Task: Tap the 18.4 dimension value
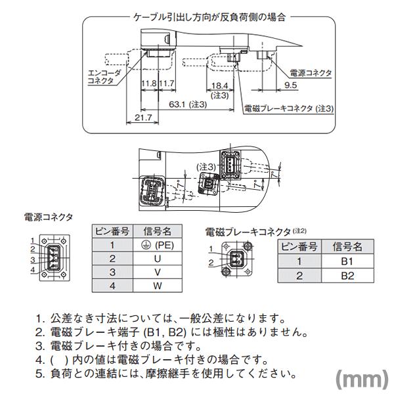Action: click(x=219, y=85)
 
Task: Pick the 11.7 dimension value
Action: click(x=167, y=85)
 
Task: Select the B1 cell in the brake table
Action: click(x=347, y=261)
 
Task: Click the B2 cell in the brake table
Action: click(x=347, y=276)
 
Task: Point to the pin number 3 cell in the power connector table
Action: click(x=112, y=272)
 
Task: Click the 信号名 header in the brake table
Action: click(x=347, y=246)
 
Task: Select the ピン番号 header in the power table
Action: click(x=112, y=230)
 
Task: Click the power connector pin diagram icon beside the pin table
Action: click(x=51, y=255)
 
